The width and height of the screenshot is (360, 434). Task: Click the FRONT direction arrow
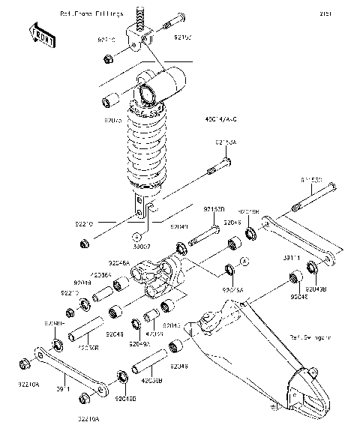(42, 36)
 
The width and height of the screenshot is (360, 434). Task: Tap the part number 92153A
(226, 142)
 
